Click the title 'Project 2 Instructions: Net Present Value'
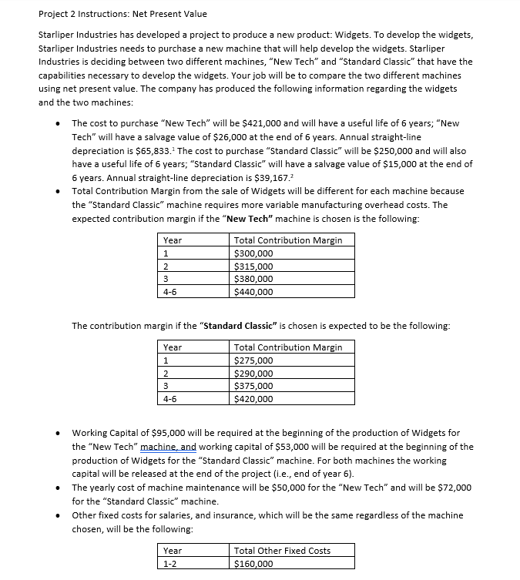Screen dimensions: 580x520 point(122,14)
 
